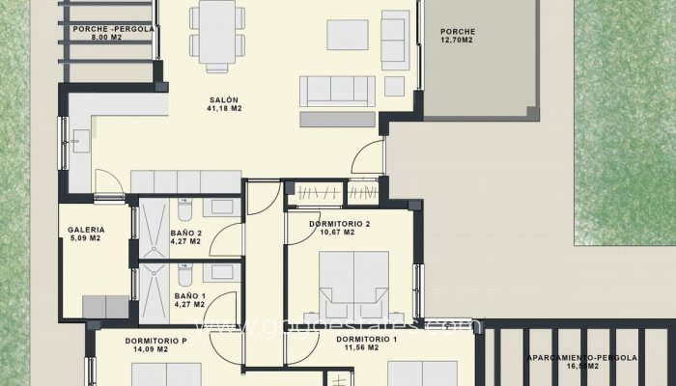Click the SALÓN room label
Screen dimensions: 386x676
tap(224, 104)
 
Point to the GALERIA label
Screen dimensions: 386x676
tap(86, 235)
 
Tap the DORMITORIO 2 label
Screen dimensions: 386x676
tap(339, 228)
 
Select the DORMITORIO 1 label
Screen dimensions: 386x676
tap(366, 345)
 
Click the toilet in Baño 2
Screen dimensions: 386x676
tap(184, 209)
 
